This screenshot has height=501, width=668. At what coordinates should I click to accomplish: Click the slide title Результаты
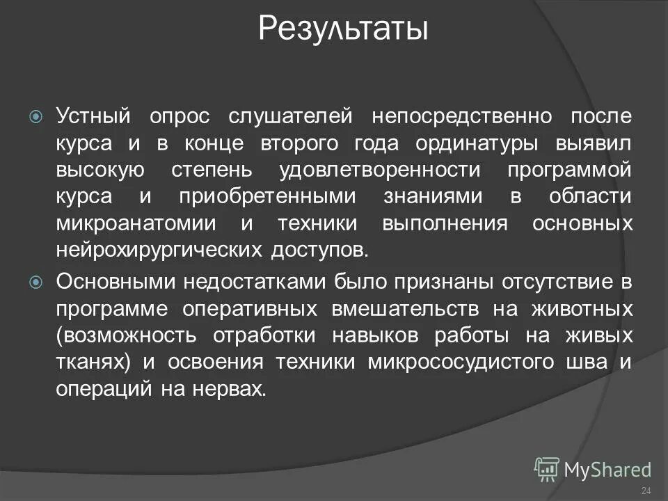tap(343, 30)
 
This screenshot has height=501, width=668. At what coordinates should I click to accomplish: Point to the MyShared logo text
tap(607, 469)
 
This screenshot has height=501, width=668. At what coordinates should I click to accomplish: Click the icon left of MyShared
tap(546, 469)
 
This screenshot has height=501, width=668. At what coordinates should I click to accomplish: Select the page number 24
tap(645, 492)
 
